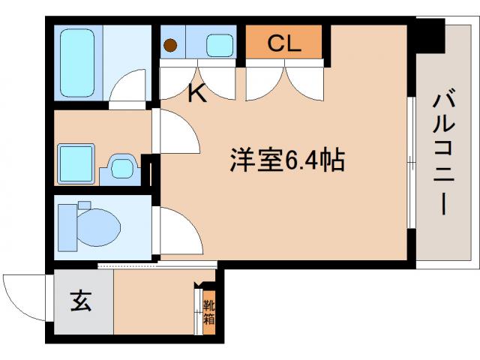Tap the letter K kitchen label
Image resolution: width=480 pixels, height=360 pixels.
tap(196, 94)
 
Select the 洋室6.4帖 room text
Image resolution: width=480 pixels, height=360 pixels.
tap(286, 160)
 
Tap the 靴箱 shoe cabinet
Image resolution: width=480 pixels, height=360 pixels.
tap(209, 311)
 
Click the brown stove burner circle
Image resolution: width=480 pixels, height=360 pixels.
tap(171, 45)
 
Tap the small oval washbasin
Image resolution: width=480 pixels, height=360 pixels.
tap(121, 166)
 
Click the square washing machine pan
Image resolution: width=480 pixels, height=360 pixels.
tap(75, 163)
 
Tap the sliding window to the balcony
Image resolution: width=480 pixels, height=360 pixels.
tap(411, 161)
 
